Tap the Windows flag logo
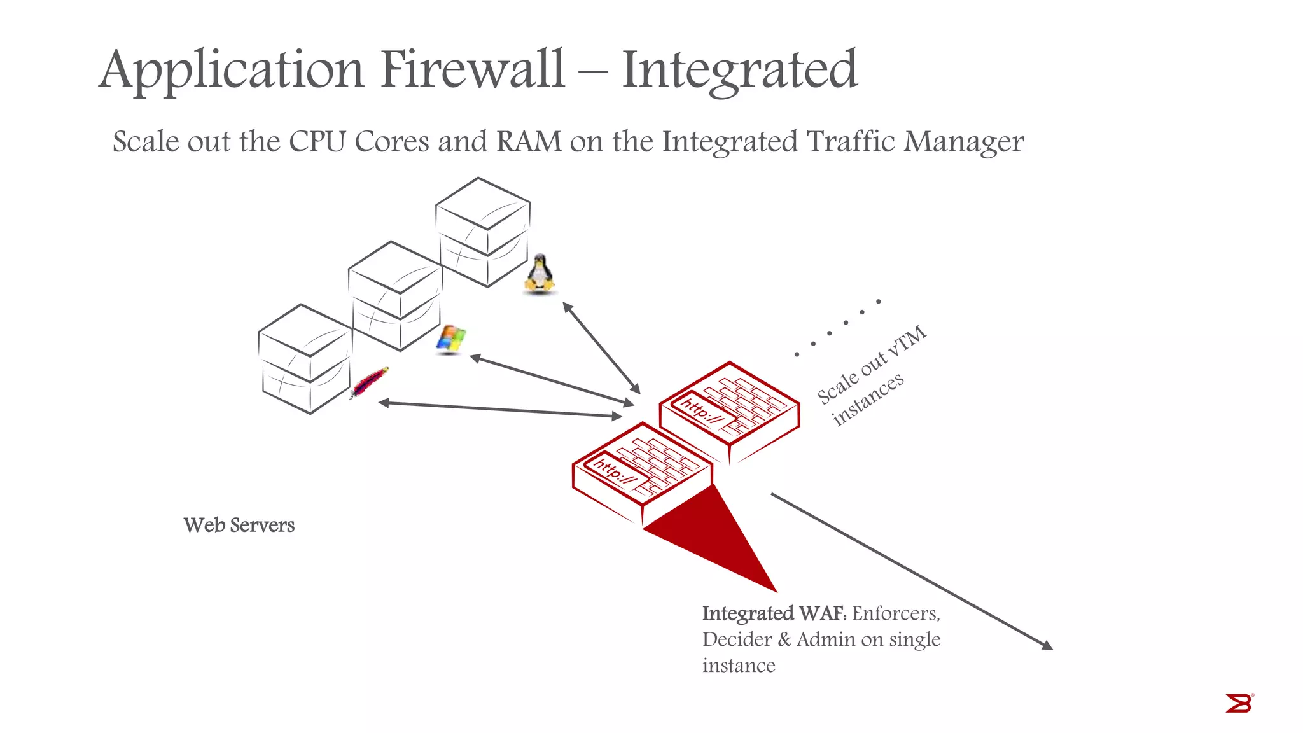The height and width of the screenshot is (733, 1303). (450, 339)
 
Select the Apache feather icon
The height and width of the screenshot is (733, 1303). (370, 382)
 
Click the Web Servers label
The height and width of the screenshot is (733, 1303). (239, 526)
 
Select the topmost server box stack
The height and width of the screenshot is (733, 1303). (484, 232)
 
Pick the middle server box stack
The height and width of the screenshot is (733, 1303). (396, 296)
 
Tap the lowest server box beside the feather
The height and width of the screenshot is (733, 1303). (305, 360)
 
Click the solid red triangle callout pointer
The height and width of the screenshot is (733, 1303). (719, 541)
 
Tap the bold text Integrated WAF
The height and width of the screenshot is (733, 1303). (774, 613)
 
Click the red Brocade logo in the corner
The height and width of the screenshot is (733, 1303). (1239, 703)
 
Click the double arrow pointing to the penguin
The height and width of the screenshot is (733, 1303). (601, 348)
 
